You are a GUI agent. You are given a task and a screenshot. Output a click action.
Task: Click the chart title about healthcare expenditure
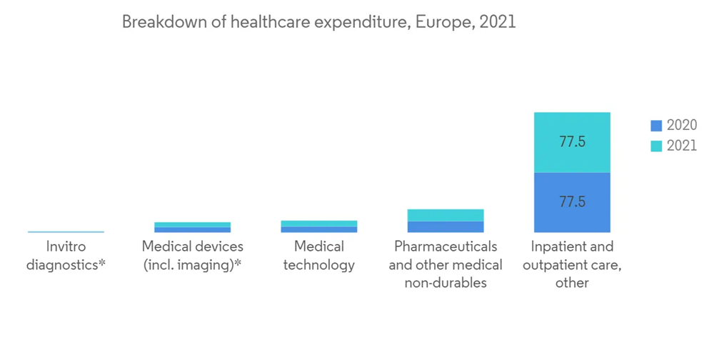tap(318, 22)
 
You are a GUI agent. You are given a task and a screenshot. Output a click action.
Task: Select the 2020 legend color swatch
tap(656, 126)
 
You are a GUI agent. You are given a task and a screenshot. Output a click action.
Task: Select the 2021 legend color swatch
tap(656, 146)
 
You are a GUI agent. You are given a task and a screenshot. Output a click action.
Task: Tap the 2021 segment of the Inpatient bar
tap(572, 142)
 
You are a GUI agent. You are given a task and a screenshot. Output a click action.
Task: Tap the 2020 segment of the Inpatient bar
tap(572, 202)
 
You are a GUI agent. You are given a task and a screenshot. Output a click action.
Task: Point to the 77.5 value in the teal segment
tap(573, 142)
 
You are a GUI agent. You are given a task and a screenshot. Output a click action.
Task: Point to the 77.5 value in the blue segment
tap(573, 202)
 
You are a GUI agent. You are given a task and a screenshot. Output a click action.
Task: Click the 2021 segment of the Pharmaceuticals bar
tap(446, 215)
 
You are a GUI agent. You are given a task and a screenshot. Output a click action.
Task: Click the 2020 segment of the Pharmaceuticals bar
tap(446, 226)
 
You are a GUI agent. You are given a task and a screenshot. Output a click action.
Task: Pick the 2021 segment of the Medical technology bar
tap(319, 224)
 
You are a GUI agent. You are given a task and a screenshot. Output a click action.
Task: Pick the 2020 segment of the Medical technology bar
tap(319, 229)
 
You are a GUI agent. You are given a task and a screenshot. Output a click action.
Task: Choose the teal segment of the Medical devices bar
tap(192, 224)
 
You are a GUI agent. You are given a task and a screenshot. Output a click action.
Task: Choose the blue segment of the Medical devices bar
tap(192, 229)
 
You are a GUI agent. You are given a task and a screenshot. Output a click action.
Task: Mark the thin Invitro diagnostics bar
tap(66, 231)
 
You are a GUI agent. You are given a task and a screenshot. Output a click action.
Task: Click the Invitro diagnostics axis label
tap(66, 256)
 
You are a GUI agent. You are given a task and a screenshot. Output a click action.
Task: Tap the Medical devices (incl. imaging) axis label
tap(192, 256)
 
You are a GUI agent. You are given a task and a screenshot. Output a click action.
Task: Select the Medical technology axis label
tap(319, 256)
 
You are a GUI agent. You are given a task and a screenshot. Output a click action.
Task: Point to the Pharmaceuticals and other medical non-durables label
tap(446, 264)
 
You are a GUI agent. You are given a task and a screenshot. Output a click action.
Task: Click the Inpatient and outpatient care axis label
tap(572, 264)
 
